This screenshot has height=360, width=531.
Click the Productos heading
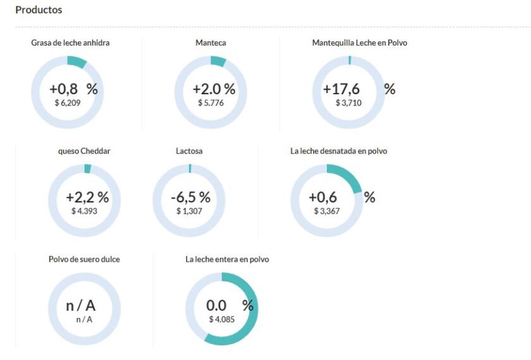[39, 10]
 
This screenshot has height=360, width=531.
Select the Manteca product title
[211, 43]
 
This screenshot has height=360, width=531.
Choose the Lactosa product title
[189, 151]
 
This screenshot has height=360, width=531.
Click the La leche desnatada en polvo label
[338, 151]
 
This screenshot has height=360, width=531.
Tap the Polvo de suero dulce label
[84, 259]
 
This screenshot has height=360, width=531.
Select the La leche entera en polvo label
[227, 259]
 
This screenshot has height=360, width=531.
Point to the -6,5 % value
[190, 197]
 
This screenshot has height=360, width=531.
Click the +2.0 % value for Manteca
[214, 89]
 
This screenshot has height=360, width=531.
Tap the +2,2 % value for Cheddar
[87, 197]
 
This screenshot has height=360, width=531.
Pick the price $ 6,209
[68, 102]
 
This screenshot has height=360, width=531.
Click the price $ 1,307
[189, 211]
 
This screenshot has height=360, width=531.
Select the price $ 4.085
[222, 319]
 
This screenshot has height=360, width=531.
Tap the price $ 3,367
[327, 211]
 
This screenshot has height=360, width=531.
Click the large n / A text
[81, 306]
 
